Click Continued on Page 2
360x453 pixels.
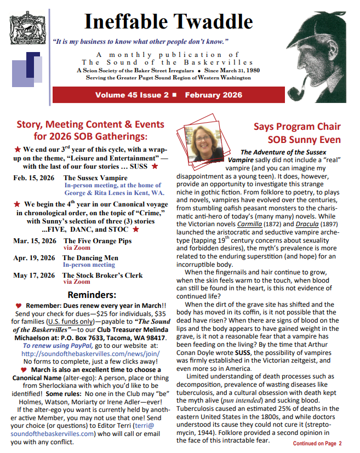[x=317, y=443]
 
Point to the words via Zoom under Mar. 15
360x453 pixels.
[x=76, y=247]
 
